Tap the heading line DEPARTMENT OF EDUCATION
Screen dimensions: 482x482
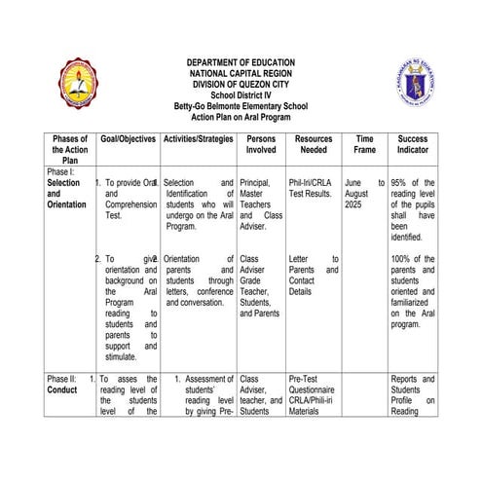point(241,63)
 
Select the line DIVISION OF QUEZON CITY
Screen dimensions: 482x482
point(241,85)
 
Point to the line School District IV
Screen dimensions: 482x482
point(241,95)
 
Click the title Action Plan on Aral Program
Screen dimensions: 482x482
point(241,117)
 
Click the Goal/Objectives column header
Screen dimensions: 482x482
point(128,140)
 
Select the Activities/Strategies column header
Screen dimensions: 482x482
point(199,140)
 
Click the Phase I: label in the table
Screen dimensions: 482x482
point(60,170)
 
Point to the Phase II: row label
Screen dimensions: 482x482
point(63,378)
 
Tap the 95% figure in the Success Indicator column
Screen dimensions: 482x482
point(398,182)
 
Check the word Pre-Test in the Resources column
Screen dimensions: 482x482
point(306,378)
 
